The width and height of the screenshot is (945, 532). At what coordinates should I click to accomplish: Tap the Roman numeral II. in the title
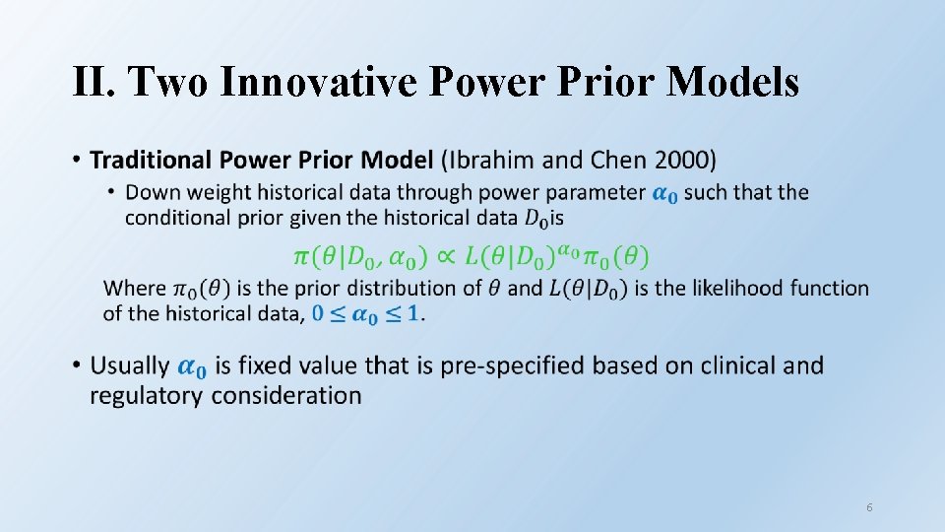(94, 83)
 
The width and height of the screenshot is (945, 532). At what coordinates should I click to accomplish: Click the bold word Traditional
(151, 160)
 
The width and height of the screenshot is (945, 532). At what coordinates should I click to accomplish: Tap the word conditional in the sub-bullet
(174, 217)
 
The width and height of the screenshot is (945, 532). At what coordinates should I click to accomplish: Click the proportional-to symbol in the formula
(444, 257)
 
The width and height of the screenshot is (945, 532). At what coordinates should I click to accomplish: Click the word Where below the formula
(135, 289)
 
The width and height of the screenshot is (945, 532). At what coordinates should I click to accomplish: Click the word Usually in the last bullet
(130, 366)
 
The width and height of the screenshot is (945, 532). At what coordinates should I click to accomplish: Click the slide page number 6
(869, 507)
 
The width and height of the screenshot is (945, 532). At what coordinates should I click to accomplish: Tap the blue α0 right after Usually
(192, 367)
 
